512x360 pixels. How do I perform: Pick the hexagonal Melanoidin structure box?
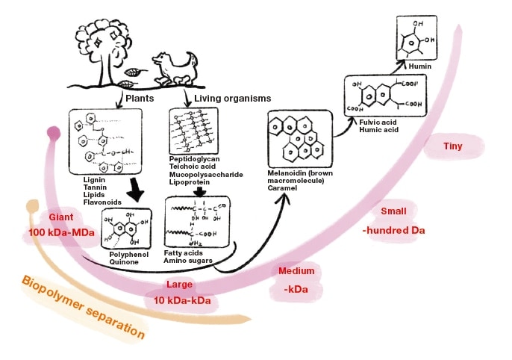297,140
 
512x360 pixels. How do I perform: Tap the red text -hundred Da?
393,230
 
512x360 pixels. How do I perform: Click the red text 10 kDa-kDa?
182,300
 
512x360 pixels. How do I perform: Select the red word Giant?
61,217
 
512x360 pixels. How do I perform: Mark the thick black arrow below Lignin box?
134,191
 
